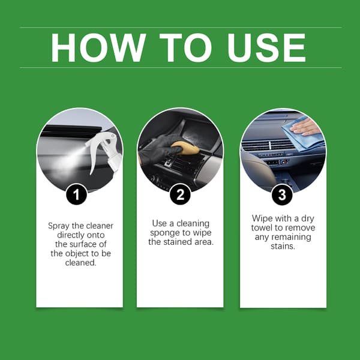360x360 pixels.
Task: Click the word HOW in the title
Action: [98, 47]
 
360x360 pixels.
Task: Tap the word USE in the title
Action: [266, 47]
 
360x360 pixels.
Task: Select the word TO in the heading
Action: [185, 47]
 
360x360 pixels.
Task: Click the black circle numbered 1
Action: [76, 194]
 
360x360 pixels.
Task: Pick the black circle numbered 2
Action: [180, 194]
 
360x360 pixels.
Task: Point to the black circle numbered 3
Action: [282, 194]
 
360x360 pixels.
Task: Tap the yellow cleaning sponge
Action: [185, 148]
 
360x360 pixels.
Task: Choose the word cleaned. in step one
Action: [80, 262]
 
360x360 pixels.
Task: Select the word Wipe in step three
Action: [262, 218]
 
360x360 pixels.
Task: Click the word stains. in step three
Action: [283, 246]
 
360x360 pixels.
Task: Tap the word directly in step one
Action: [71, 235]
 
